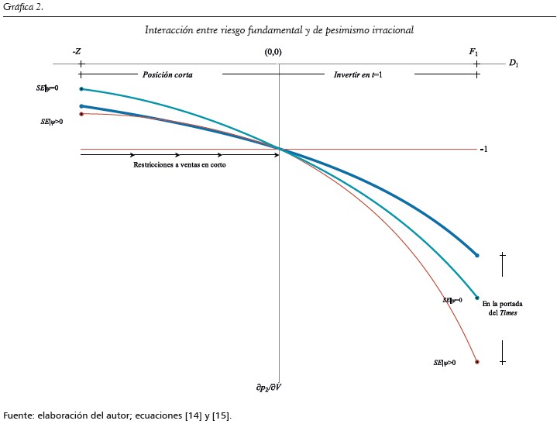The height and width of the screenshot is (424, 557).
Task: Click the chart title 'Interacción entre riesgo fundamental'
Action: (279, 30)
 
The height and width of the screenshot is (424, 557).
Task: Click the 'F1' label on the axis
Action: (473, 51)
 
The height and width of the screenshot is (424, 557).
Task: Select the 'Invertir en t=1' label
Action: (358, 75)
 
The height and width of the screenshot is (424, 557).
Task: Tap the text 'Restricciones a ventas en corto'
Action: (180, 165)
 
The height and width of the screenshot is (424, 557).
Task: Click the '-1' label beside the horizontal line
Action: (483, 149)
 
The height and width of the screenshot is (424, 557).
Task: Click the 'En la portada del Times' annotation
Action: (499, 308)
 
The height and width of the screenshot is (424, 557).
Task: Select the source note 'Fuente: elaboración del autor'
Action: (117, 415)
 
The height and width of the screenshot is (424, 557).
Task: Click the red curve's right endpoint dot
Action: (477, 362)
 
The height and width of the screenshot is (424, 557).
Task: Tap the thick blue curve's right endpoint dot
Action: (477, 255)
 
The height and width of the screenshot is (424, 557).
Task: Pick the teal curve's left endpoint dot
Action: (81, 89)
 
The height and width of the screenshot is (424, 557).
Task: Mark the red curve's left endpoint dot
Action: (81, 114)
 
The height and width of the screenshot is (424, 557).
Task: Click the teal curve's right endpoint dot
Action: (477, 298)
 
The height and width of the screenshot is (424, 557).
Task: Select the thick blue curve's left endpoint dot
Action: (81, 106)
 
